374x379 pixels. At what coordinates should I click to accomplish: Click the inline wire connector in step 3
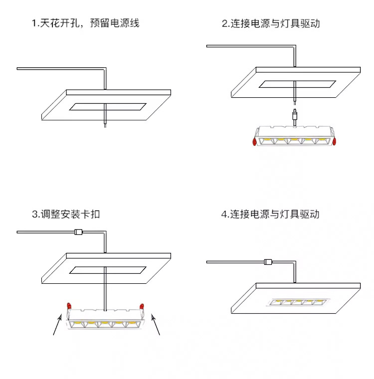point(78,232)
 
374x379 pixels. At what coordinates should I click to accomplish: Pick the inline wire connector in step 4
point(268,261)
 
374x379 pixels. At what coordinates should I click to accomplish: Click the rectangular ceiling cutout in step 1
point(108,106)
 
